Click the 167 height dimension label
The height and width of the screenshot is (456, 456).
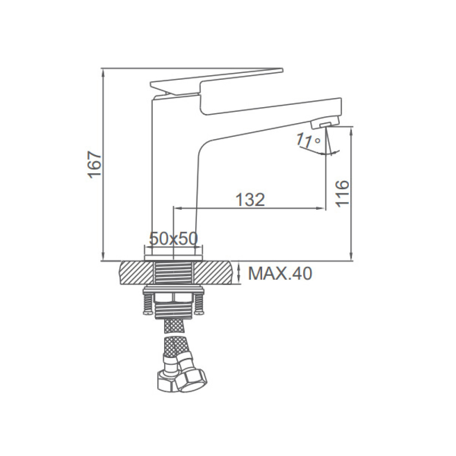(x=95, y=164)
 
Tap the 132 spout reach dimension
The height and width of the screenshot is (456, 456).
(x=250, y=199)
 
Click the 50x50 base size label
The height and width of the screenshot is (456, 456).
(x=173, y=238)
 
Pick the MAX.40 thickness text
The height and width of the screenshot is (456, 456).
(x=280, y=273)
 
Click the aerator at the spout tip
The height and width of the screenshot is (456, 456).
(x=325, y=123)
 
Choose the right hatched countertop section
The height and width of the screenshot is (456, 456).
(x=214, y=273)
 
